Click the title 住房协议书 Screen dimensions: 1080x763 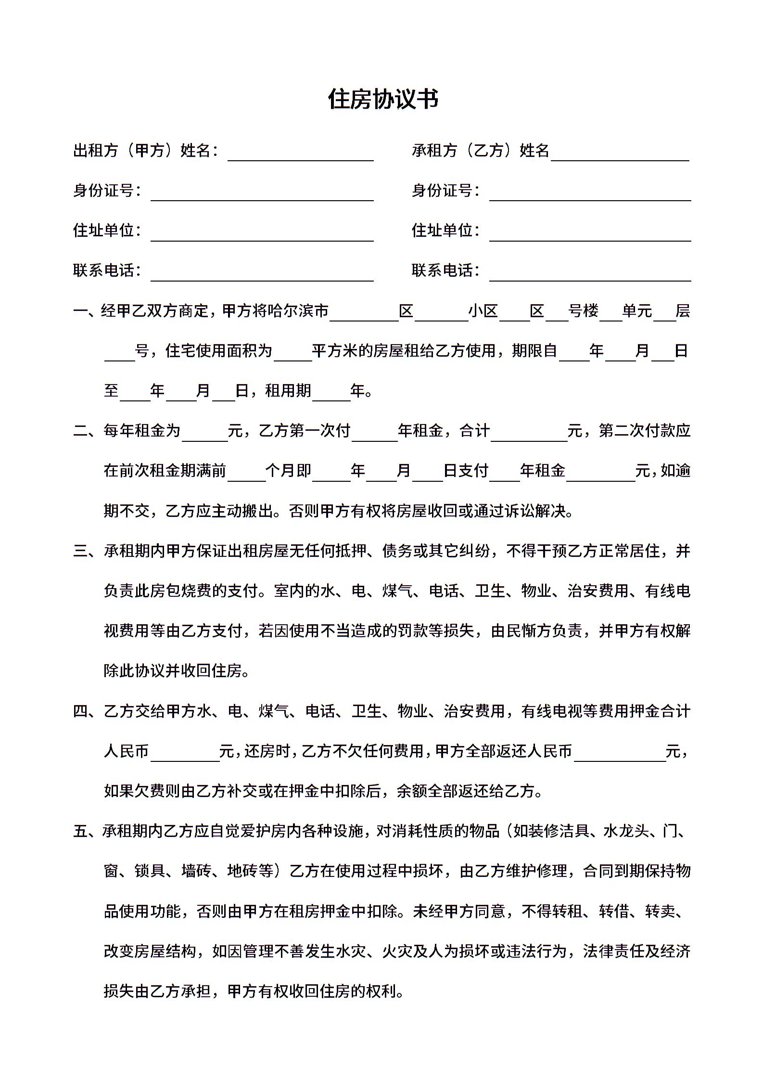tap(383, 100)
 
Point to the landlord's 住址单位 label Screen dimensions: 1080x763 tap(104, 230)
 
